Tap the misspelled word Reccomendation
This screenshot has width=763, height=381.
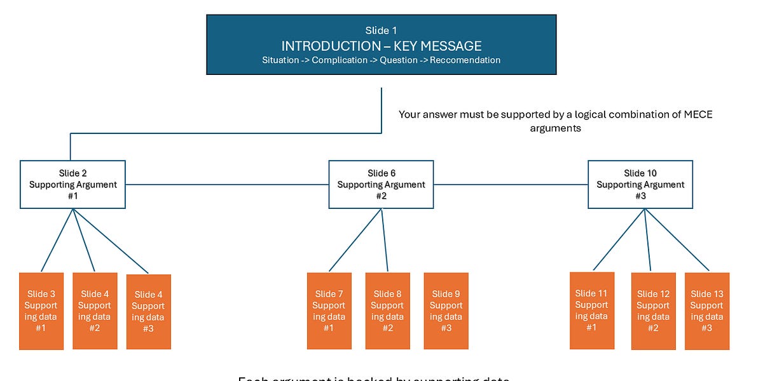pyautogui.click(x=465, y=60)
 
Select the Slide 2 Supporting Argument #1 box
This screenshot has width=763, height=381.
pyautogui.click(x=72, y=184)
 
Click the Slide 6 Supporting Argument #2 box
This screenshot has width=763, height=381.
pyautogui.click(x=381, y=184)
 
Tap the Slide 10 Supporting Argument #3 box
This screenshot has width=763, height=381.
pyautogui.click(x=640, y=184)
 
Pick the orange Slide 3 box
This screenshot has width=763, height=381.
pyautogui.click(x=41, y=311)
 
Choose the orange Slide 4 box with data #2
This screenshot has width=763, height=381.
pyautogui.click(x=95, y=311)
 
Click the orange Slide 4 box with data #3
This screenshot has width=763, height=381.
pyautogui.click(x=149, y=312)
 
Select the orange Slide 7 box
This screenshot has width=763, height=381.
pyautogui.click(x=329, y=311)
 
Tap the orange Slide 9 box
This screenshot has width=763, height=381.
pyautogui.click(x=446, y=311)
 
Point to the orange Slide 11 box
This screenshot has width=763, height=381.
pyautogui.click(x=592, y=311)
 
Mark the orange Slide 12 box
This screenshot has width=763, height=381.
pyautogui.click(x=653, y=311)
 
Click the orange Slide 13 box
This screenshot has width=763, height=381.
pyautogui.click(x=707, y=311)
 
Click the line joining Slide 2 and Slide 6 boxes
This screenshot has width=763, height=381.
pyautogui.click(x=226, y=185)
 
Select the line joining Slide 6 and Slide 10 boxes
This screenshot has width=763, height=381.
pyautogui.click(x=511, y=185)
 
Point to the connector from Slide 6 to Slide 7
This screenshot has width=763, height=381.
pyautogui.click(x=355, y=240)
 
